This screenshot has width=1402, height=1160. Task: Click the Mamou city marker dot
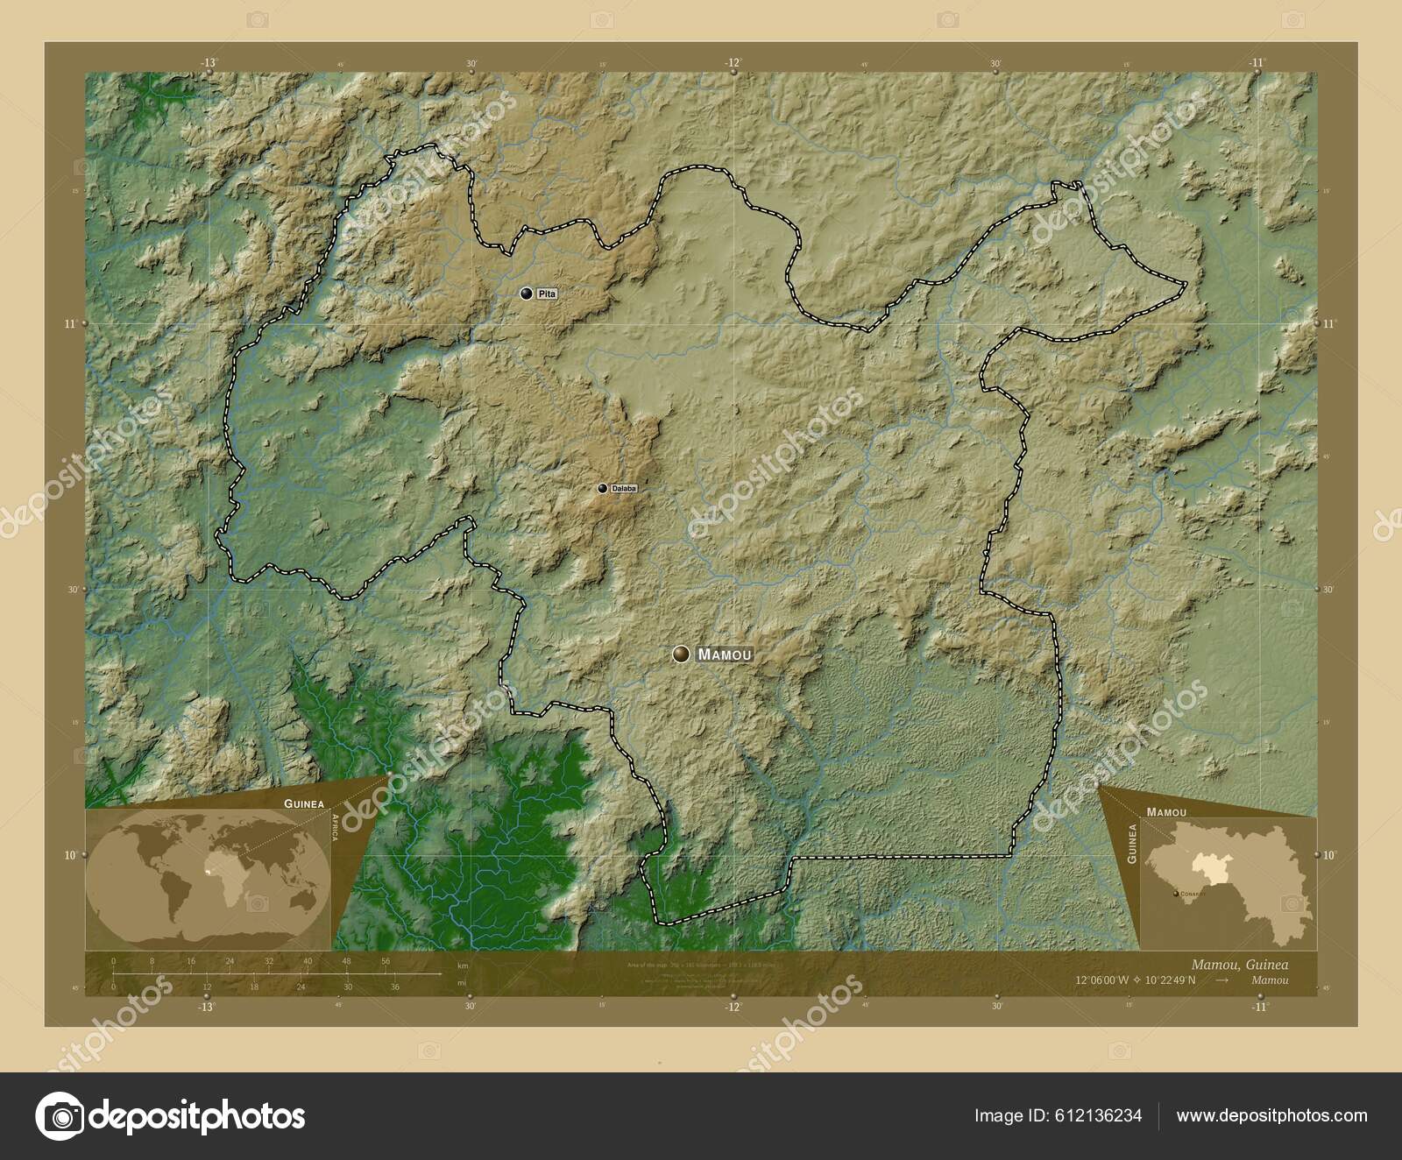tap(682, 654)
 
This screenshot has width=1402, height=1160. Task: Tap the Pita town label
tap(547, 294)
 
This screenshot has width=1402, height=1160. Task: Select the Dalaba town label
tap(624, 488)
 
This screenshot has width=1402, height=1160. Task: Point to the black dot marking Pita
tap(526, 294)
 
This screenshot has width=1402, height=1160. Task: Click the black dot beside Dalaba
tap(602, 488)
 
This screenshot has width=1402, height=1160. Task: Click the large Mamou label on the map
tap(725, 654)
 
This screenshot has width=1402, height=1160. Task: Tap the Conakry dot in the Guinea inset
tap(1177, 894)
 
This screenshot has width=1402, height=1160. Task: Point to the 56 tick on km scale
tap(386, 961)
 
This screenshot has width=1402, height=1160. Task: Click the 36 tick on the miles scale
tap(394, 987)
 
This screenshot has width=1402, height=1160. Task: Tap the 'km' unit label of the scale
tap(462, 965)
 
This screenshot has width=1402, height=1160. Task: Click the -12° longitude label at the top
tap(733, 62)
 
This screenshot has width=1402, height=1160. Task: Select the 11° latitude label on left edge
tap(69, 323)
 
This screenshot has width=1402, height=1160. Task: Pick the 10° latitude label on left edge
tap(69, 854)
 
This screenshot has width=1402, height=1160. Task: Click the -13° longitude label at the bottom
tap(207, 1008)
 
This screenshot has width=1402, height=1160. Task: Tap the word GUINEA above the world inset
tap(303, 803)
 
